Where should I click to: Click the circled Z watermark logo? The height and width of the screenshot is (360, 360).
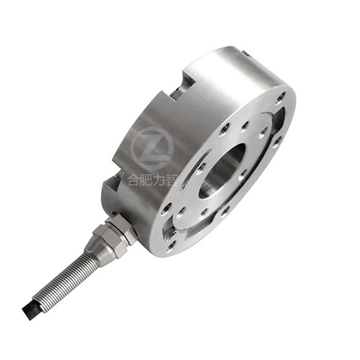point(153,149)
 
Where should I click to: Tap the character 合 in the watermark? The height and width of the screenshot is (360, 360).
point(133,180)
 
